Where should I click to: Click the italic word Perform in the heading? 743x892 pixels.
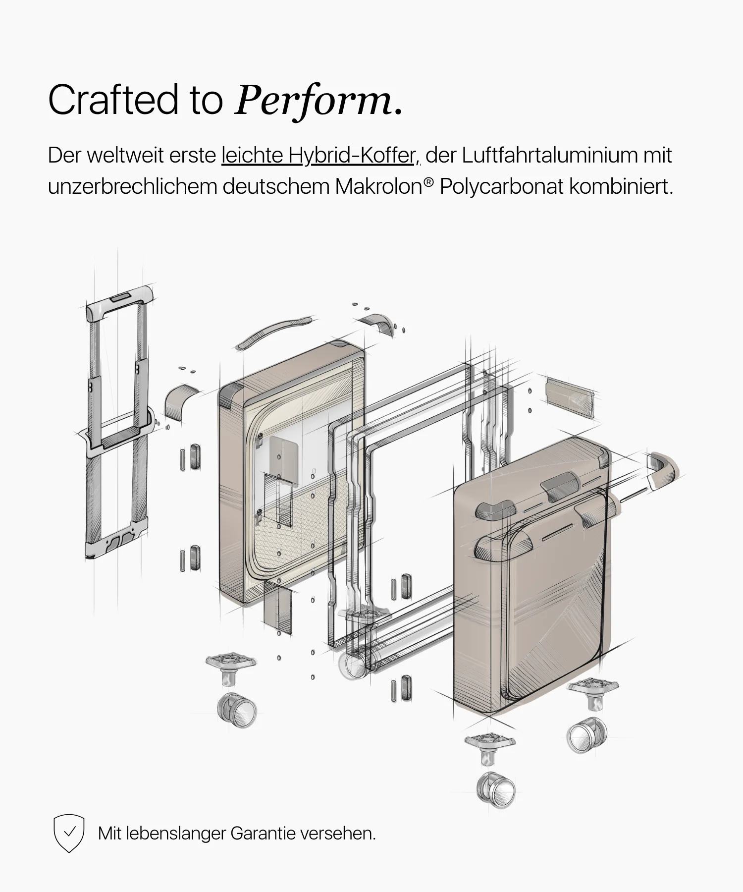pyautogui.click(x=314, y=101)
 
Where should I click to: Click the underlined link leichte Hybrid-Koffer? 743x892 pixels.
pyautogui.click(x=320, y=156)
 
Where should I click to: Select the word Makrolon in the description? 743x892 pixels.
pyautogui.click(x=379, y=187)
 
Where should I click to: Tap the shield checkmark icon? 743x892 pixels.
pyautogui.click(x=69, y=833)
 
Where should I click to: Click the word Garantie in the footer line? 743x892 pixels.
pyautogui.click(x=263, y=834)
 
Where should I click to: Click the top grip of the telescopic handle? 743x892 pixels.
pyautogui.click(x=119, y=303)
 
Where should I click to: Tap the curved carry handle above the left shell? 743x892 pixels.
pyautogui.click(x=274, y=333)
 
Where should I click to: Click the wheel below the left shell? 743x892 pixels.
pyautogui.click(x=237, y=710)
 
